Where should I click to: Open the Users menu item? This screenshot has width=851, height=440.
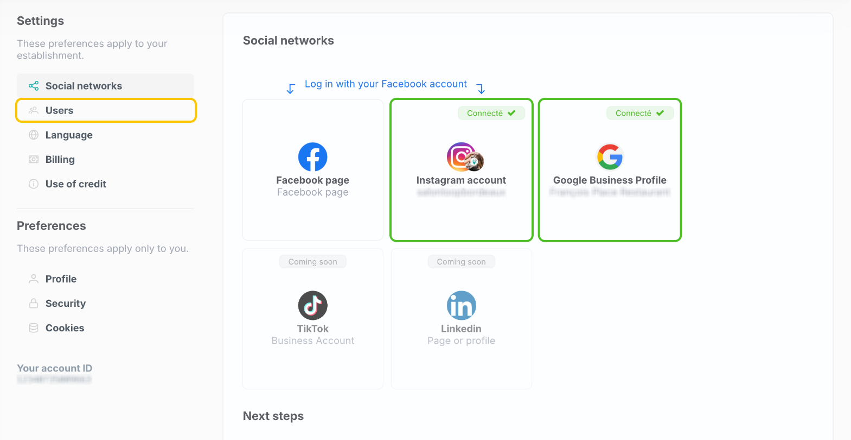point(59,110)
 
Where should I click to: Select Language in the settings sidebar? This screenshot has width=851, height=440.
point(69,135)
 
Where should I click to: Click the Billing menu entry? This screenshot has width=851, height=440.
point(60,159)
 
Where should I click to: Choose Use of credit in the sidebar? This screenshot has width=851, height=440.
point(75,184)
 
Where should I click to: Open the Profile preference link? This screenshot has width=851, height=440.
point(61,279)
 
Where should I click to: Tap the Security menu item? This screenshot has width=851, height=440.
point(65,303)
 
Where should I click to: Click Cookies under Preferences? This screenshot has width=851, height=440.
point(65,328)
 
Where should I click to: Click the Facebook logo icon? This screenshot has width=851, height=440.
point(313,157)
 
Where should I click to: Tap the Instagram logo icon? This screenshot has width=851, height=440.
point(462,157)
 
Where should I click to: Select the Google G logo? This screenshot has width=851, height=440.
point(610,157)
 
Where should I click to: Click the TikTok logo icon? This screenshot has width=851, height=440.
point(313,305)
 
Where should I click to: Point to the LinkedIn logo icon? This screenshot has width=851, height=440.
point(462,305)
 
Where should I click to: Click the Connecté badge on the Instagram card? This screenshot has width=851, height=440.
point(491,113)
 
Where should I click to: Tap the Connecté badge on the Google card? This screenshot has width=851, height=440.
point(639,113)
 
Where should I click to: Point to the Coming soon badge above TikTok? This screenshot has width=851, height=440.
point(313,262)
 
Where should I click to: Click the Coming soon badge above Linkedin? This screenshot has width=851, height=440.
point(462,262)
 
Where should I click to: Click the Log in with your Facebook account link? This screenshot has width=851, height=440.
point(386,84)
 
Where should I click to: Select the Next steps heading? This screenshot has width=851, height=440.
point(273,416)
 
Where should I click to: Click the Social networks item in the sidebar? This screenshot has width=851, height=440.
point(84,86)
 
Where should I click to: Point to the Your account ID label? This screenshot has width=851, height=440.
point(55,368)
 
